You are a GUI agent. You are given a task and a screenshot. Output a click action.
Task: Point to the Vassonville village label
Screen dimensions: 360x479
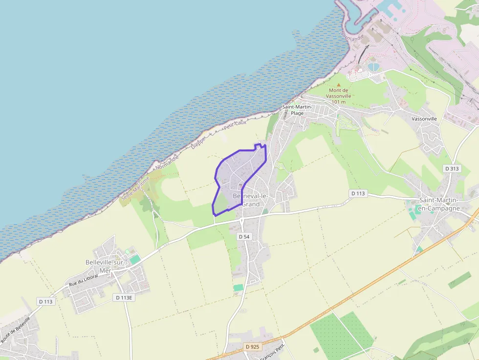tap(424, 119)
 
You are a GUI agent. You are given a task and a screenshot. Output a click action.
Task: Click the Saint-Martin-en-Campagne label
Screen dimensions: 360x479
tap(439, 204)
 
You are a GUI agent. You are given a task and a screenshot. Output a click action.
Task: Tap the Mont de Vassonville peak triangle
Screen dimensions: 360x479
tap(338, 84)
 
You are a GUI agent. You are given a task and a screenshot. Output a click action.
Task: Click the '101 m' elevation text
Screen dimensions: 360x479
tap(338, 102)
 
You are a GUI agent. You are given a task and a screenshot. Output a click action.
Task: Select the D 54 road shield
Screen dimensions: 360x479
tap(244, 236)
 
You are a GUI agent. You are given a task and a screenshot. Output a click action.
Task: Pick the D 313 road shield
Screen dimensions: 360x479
tap(452, 168)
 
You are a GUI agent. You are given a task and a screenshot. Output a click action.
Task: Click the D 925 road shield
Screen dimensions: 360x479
tap(253, 347)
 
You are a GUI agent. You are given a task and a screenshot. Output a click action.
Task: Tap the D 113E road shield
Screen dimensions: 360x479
tap(124, 297)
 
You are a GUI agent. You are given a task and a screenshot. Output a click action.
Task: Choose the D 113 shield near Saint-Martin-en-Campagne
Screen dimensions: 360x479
tap(358, 193)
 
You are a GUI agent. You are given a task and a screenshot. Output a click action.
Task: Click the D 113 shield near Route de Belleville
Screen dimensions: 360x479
tap(46, 301)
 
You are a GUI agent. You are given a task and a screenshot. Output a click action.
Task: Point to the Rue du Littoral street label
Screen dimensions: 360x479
tap(84, 280)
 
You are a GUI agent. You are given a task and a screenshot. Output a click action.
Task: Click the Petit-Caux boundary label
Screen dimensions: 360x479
tap(234, 126)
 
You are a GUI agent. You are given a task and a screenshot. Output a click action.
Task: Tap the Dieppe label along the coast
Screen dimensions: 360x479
tap(198, 141)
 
